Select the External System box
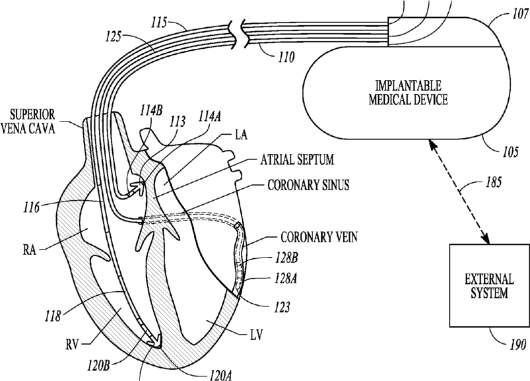489,285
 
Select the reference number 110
286,59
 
